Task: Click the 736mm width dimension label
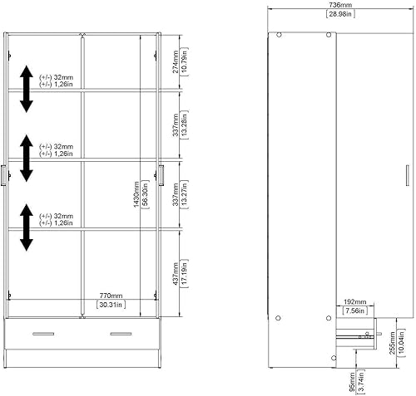340,5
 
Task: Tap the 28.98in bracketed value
340,14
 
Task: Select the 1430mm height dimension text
136,194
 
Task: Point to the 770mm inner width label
111,296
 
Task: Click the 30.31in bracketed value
111,305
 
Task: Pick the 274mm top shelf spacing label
176,61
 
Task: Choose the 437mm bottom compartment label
176,274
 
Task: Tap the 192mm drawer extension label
355,301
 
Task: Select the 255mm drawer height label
392,344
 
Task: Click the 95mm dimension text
352,382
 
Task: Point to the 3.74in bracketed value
361,382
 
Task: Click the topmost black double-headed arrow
27,89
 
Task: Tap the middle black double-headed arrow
27,158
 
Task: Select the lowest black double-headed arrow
27,227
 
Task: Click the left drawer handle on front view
43,334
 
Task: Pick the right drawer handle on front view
121,334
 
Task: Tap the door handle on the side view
407,175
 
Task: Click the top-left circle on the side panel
279,35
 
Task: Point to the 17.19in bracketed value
184,274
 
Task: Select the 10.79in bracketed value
184,61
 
